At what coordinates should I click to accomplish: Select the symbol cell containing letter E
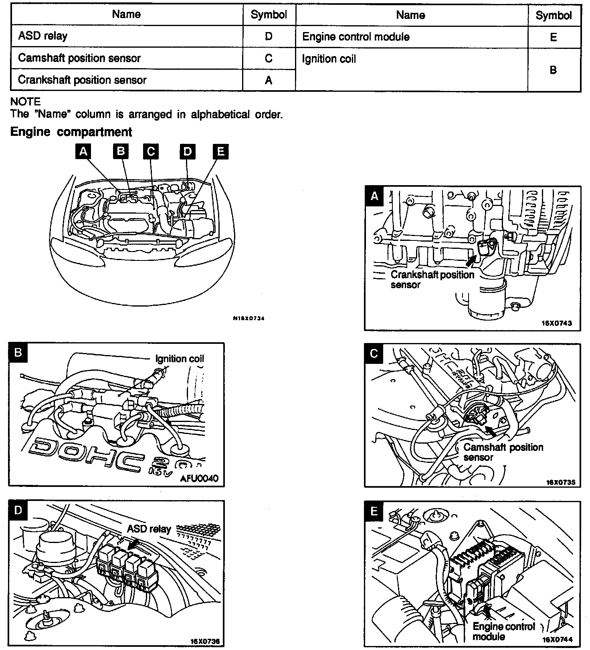point(554,37)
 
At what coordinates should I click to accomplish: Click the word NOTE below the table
point(25,102)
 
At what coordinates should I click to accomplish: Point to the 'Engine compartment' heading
point(71,132)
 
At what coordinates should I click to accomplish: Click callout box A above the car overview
point(83,151)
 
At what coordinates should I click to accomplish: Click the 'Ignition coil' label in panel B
point(180,358)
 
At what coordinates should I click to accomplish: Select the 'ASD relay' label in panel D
point(149,529)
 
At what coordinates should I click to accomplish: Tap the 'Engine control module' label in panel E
point(503,631)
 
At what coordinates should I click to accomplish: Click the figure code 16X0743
point(557,323)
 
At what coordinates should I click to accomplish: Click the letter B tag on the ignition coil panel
point(18,352)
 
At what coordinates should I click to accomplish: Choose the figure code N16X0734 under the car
point(249,319)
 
